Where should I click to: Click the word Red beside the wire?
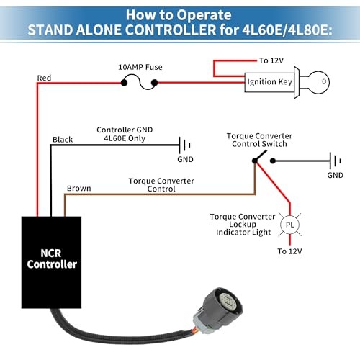coord(45,77)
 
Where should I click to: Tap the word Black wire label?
coord(63,138)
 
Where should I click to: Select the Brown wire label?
coord(78,189)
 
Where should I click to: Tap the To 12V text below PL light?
coord(290,251)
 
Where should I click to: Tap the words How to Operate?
coord(179,13)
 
